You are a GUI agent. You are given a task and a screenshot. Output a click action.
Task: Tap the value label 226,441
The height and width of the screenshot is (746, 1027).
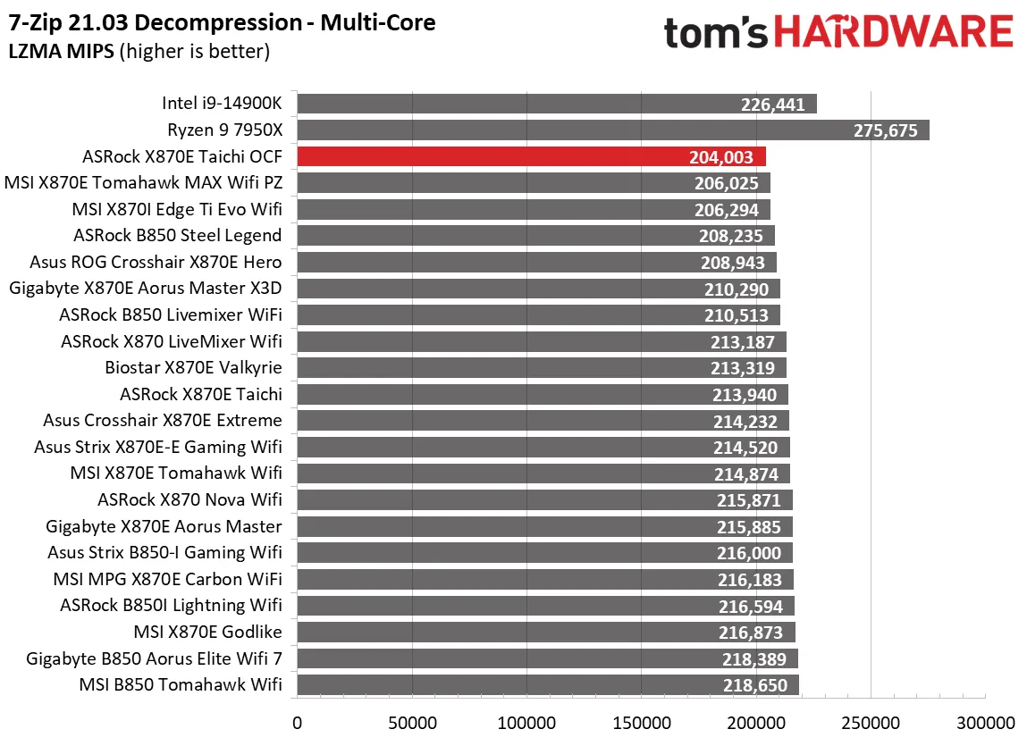point(773,105)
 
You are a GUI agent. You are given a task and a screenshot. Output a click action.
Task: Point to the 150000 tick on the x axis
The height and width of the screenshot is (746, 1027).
point(641,722)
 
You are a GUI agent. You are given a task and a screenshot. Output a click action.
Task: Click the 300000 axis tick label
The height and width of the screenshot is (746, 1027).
point(985,722)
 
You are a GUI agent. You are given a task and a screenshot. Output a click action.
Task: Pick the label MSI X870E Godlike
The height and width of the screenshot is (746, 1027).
point(207,633)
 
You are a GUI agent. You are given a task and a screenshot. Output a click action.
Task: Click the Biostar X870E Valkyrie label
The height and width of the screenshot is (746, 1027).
point(193,368)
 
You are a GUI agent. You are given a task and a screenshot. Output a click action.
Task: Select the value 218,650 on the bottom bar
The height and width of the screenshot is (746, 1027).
point(754,686)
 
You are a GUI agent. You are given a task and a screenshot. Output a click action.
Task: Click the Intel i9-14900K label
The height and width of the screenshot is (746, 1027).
point(222,104)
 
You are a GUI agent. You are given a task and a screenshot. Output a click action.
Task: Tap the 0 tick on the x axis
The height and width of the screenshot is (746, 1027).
point(297,722)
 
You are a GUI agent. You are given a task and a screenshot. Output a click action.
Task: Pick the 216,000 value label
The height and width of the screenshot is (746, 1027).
point(749,554)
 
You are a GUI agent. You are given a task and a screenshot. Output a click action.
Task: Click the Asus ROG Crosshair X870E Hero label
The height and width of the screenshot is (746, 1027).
point(156,263)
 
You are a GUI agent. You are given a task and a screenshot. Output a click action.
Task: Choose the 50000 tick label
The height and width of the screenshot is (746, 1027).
point(411,722)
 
